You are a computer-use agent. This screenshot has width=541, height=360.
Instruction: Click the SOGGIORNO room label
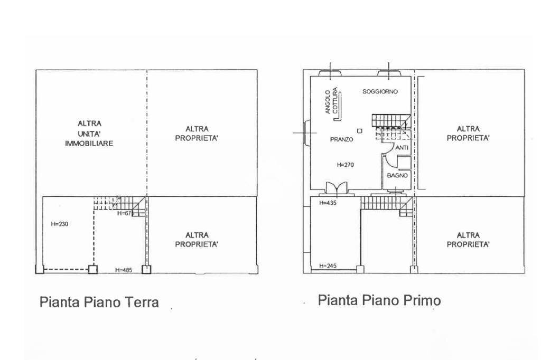tap(380, 91)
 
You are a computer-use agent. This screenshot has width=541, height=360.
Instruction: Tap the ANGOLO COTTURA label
tap(331, 101)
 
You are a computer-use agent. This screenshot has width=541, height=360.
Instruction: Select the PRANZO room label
tap(341, 139)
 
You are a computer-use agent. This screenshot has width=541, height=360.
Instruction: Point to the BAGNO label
tap(397, 176)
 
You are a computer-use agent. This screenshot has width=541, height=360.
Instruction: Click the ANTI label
tap(402, 148)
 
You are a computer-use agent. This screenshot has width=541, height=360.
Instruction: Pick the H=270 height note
tap(345, 165)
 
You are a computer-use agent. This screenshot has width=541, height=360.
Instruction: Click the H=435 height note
tap(328, 203)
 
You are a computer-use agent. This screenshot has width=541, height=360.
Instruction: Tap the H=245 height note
tap(328, 266)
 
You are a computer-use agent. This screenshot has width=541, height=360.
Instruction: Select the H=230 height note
tap(60, 224)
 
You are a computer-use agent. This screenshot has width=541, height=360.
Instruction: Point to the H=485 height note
tap(124, 270)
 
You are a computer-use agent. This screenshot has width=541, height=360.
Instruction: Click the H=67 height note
tap(124, 213)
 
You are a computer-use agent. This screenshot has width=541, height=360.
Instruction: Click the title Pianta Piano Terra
tap(99, 302)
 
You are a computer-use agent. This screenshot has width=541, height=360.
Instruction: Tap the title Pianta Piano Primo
tap(379, 300)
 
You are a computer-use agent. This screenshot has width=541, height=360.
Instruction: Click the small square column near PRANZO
tap(360, 130)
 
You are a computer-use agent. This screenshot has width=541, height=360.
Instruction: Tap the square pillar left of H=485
tap(93, 269)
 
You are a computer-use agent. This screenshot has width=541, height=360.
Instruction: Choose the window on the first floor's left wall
tap(306, 132)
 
